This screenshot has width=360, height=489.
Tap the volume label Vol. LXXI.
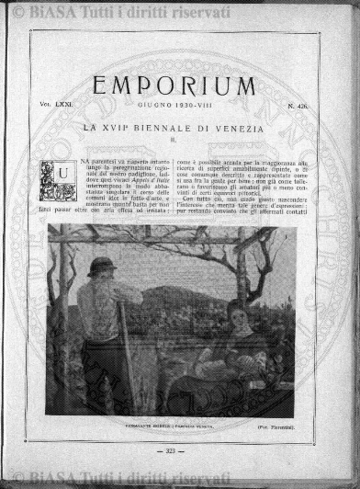54,107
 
